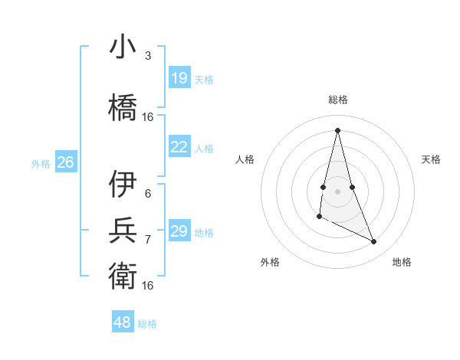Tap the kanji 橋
pos(123,106)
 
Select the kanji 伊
pos(123,185)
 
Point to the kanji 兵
pos(123,229)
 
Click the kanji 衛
pos(123,275)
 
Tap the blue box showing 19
pos(179,78)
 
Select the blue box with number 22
pos(179,147)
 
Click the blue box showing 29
pos(179,231)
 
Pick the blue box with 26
pos(65,162)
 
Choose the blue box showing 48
pos(123,322)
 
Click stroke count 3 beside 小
pos(148,56)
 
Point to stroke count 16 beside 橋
pos(148,117)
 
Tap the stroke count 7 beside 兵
pos(148,239)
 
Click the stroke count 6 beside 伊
pos(148,193)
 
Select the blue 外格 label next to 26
pos(41,163)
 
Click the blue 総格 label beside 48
pos(147,323)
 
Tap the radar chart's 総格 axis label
pos(338,100)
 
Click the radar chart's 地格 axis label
pos(402,262)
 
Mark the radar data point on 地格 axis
pos(374,242)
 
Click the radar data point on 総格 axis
pos(337,130)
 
